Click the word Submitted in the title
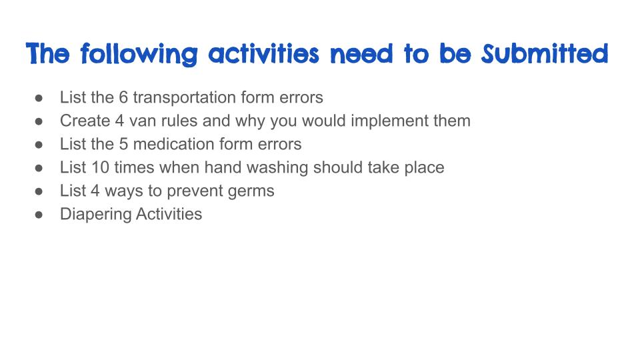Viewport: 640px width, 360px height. click(x=545, y=53)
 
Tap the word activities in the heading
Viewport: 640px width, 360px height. click(x=264, y=53)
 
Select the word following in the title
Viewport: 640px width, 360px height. click(x=139, y=54)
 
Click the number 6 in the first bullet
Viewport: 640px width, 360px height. click(x=123, y=97)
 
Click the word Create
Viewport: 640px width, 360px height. click(x=85, y=121)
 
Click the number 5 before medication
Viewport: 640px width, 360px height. click(x=123, y=144)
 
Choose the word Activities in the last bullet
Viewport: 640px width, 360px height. click(x=169, y=214)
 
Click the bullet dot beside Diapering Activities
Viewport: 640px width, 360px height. click(x=39, y=215)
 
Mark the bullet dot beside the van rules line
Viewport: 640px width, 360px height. click(x=39, y=121)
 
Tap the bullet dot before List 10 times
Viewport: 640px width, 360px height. click(x=39, y=168)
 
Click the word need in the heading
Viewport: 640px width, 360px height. click(x=361, y=54)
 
